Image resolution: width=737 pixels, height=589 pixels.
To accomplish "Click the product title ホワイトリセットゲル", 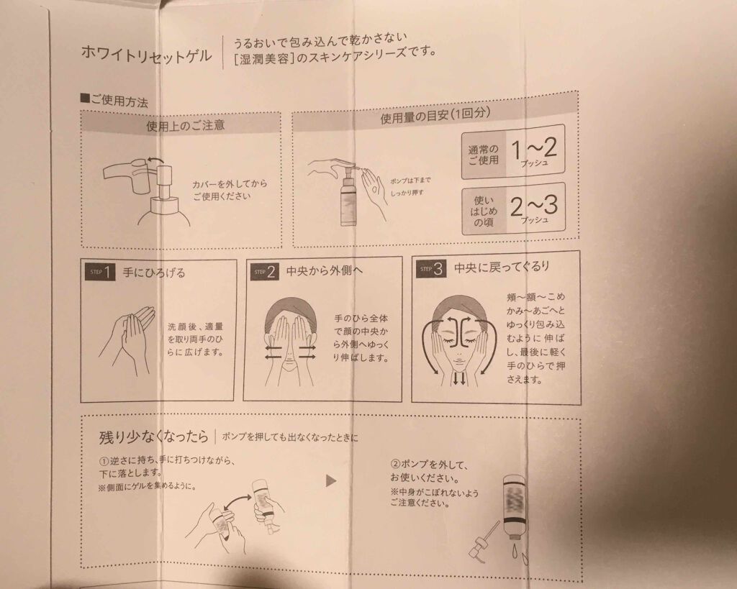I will [147, 55].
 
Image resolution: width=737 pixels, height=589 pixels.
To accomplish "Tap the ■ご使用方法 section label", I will [114, 101].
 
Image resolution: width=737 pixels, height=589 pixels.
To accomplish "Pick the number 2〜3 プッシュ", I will [533, 210].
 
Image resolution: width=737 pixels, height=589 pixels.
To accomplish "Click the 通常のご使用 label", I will [483, 155].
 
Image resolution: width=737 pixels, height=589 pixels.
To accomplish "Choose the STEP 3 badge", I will [433, 268].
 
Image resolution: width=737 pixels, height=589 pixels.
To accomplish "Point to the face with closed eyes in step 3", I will [457, 334].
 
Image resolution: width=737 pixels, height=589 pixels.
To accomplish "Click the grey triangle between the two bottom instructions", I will [331, 480].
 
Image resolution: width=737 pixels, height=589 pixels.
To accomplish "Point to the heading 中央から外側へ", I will [320, 271].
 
